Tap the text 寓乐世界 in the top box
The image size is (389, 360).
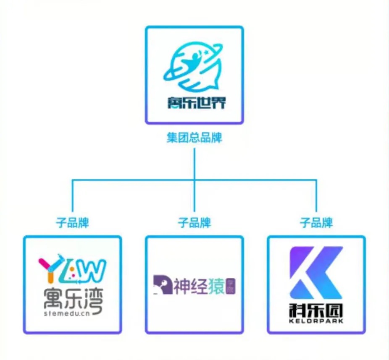click(194, 102)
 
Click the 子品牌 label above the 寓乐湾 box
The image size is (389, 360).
click(72, 222)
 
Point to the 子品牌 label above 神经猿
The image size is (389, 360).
click(194, 222)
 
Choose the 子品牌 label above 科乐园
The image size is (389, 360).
click(316, 222)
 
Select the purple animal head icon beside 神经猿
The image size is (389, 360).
click(161, 285)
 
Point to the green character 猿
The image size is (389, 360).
click(216, 285)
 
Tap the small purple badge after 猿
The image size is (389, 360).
click(230, 285)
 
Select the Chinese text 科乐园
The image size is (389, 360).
click(316, 311)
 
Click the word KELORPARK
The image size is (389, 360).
click(316, 321)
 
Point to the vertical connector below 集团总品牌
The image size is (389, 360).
click(194, 162)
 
